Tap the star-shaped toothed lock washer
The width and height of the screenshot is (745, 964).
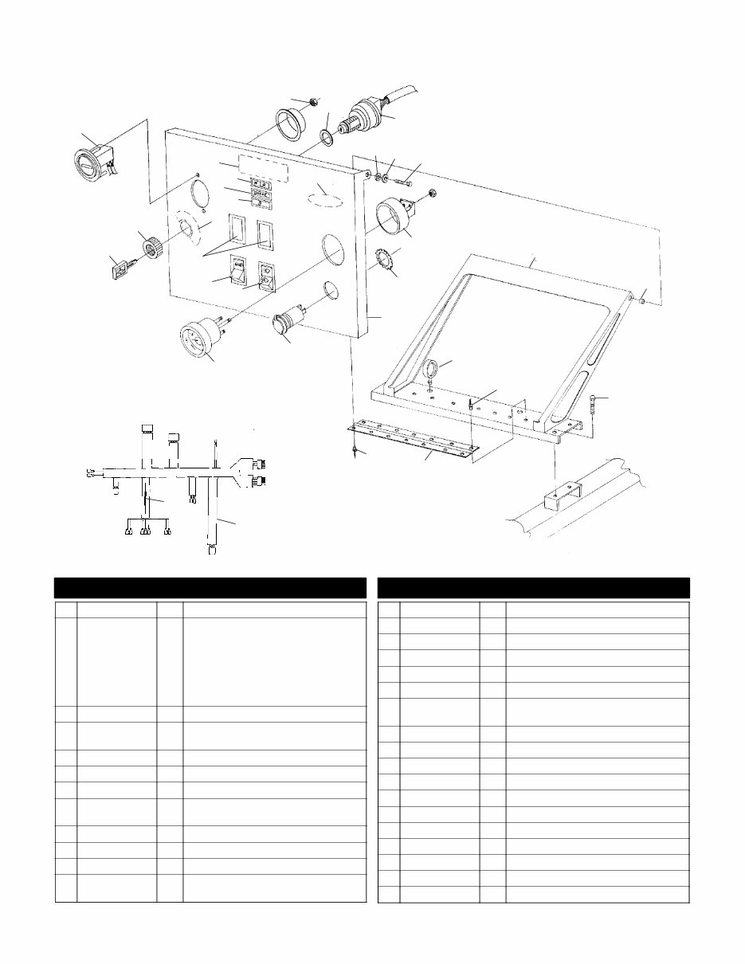pyautogui.click(x=386, y=261)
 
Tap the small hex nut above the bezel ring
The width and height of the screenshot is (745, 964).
pyautogui.click(x=316, y=102)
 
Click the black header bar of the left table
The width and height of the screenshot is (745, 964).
pyautogui.click(x=210, y=587)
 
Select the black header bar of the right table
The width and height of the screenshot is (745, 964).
pyautogui.click(x=533, y=587)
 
